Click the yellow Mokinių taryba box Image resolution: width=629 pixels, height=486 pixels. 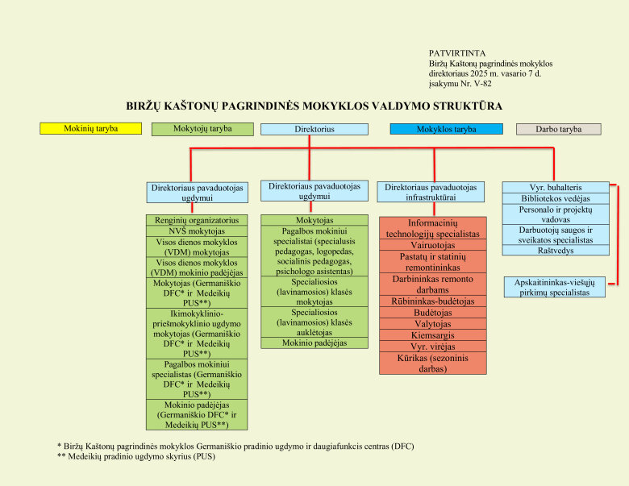[90, 128]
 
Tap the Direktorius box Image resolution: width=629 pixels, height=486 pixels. [314, 129]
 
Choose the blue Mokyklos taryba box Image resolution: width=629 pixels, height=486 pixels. [446, 129]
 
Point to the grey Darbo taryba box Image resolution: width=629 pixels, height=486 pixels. [558, 129]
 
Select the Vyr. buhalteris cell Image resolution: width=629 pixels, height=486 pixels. [555, 187]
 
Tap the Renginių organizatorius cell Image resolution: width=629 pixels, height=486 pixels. [197, 219]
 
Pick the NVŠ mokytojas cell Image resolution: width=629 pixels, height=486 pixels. [197, 231]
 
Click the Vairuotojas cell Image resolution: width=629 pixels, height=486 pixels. [432, 245]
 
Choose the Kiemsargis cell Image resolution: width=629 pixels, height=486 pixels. [432, 334]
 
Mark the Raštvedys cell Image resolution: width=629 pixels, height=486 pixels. [555, 250]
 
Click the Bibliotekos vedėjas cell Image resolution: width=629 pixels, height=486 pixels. [555, 198]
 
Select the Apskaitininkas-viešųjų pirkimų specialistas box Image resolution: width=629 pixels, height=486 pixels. [556, 287]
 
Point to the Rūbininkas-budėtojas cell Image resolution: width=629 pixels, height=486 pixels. [432, 301]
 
